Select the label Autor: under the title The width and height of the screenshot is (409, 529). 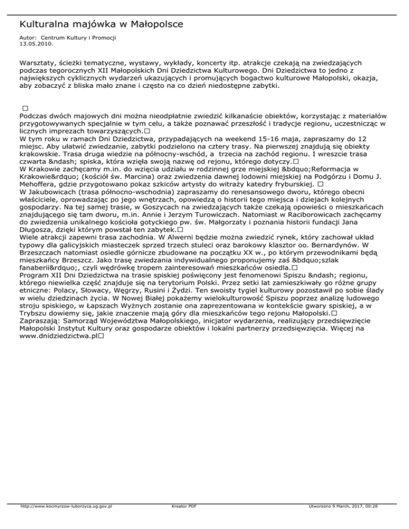point(28,38)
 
